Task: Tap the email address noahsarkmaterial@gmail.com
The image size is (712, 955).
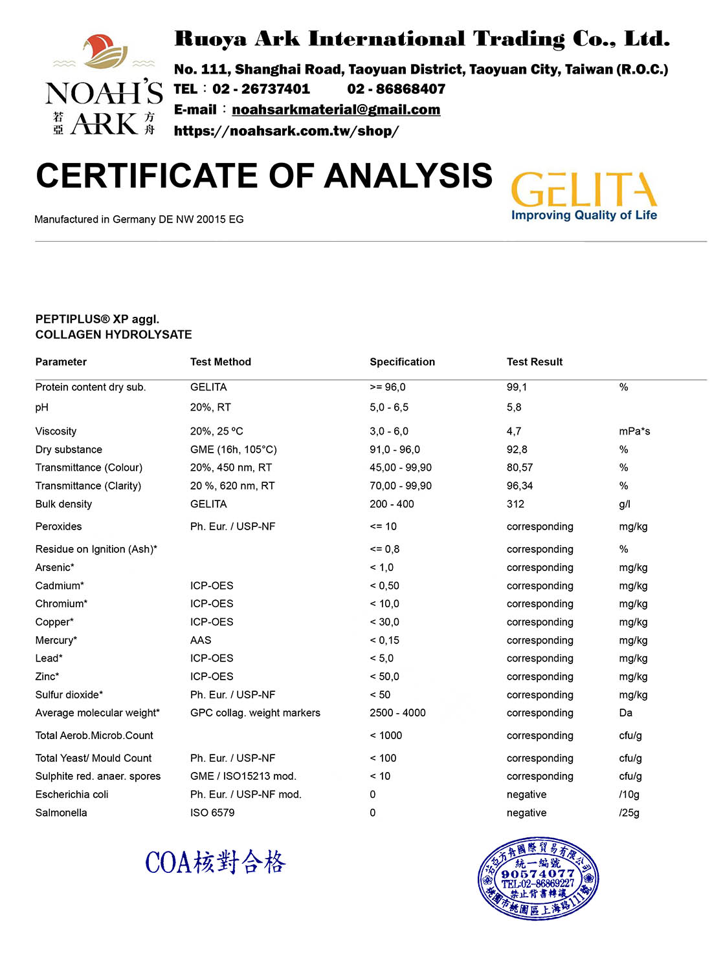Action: point(336,110)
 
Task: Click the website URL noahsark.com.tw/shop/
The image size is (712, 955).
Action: point(286,131)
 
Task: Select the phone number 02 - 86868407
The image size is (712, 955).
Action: point(396,89)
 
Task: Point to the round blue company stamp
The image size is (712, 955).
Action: point(538,877)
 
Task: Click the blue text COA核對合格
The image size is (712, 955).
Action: point(216,863)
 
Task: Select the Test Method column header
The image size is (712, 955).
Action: point(221,362)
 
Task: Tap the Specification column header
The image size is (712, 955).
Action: point(402,362)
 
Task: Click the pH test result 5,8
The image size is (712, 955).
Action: point(514,407)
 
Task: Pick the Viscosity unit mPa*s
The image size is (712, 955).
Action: point(634,431)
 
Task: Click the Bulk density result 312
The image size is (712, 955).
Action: point(515,504)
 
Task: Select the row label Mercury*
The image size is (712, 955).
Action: point(56,640)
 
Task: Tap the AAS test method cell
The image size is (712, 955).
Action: point(201,640)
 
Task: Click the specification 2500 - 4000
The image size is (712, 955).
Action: point(397,713)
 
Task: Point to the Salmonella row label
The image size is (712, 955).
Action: point(61,813)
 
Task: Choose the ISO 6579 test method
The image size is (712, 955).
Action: point(212,813)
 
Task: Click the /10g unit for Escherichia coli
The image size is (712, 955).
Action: point(629,795)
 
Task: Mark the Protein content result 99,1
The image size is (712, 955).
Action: point(517,387)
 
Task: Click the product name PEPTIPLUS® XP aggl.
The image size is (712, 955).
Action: point(97,319)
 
